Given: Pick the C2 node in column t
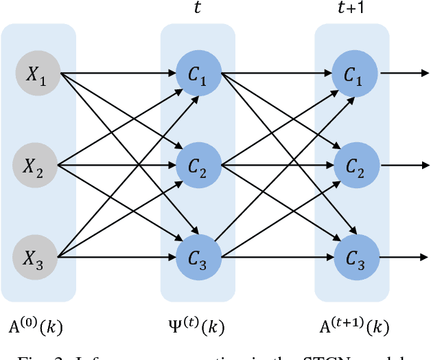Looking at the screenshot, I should click(198, 165).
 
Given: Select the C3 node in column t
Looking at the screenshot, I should click(198, 258).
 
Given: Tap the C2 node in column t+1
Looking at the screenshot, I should click(355, 165).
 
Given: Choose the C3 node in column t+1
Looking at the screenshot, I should click(355, 258).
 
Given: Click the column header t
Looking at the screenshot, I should click(198, 10).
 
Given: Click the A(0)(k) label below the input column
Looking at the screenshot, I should click(36, 323).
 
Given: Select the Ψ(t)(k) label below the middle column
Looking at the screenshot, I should click(198, 323).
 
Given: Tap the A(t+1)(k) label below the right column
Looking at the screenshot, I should click(354, 323).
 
